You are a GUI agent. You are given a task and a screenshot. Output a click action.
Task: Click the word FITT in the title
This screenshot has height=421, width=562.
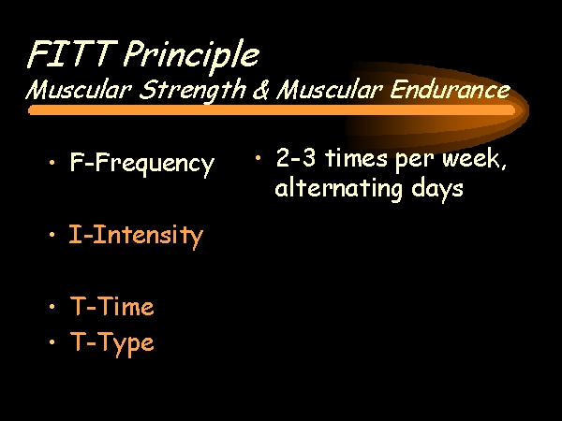(73, 53)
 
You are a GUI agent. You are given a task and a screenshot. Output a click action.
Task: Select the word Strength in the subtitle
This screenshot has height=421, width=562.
(192, 90)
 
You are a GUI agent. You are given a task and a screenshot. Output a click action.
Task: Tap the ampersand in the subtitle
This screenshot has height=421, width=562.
(260, 89)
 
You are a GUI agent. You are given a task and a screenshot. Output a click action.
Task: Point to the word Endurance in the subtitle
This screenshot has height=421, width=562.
(450, 89)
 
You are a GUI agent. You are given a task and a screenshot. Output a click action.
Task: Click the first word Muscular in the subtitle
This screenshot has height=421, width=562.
(79, 89)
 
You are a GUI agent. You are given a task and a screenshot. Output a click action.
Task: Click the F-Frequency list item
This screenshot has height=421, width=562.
(142, 164)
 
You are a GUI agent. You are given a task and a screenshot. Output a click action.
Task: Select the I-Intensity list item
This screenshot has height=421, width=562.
(136, 236)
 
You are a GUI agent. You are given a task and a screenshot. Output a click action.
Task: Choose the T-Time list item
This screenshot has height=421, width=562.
(112, 306)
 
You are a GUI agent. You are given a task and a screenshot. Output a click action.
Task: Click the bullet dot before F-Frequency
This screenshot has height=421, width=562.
(52, 163)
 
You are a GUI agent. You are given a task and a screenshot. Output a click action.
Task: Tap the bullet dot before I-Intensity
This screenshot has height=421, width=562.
(52, 235)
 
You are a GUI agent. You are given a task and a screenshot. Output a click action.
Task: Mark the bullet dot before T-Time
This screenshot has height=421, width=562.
(52, 307)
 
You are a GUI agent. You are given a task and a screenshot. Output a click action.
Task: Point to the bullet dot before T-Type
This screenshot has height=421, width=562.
(52, 342)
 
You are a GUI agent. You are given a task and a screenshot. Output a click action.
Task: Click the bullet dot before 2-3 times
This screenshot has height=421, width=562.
(258, 157)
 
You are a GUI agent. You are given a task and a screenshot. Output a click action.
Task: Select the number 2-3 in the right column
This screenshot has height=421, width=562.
(296, 157)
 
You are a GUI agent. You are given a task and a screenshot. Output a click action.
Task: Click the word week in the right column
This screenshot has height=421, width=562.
(474, 159)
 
